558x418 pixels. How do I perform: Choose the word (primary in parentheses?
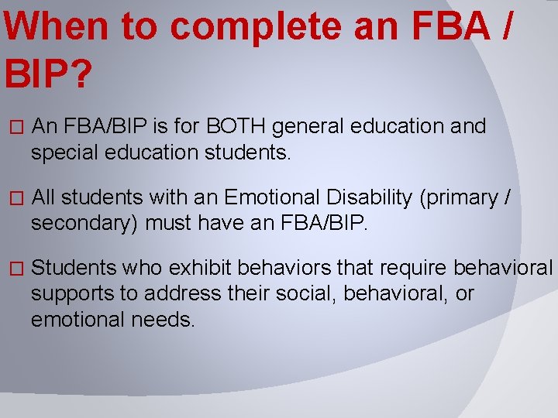click(x=456, y=198)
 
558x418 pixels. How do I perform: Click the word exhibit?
click(x=201, y=268)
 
